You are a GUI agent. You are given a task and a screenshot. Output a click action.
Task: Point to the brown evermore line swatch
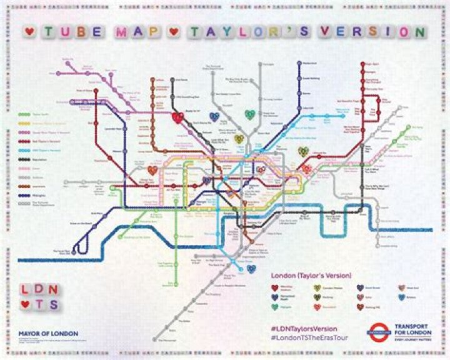(x=24, y=186)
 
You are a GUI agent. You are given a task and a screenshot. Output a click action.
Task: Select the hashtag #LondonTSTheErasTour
(x=309, y=338)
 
